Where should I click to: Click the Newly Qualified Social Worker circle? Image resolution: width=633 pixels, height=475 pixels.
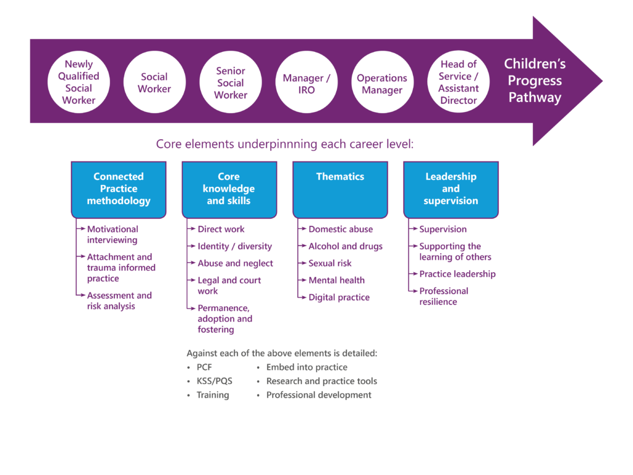[79, 82]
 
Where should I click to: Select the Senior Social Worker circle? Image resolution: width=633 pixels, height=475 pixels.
[231, 82]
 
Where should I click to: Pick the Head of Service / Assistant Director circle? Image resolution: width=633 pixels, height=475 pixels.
[458, 82]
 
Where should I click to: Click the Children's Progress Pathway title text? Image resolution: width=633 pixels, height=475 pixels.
[535, 80]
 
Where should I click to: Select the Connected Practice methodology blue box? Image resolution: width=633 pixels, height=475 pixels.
[119, 189]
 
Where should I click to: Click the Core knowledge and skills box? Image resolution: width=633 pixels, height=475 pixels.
[229, 189]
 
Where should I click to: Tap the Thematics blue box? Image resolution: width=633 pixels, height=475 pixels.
[340, 189]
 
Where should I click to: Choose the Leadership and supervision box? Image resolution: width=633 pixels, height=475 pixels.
[451, 189]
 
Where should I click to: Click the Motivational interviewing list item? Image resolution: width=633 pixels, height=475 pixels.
[113, 234]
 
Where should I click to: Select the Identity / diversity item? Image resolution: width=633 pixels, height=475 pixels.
[234, 246]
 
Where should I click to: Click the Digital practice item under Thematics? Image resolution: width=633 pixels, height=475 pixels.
[339, 297]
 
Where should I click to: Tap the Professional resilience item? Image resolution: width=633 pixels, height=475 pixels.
[444, 296]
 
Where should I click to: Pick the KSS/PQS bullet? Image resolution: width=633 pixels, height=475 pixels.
[214, 381]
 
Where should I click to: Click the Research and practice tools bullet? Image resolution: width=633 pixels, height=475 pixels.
[321, 381]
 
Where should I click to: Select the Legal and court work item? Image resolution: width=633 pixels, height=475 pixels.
[229, 285]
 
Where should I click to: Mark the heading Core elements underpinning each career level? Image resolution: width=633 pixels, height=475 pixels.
[284, 145]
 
